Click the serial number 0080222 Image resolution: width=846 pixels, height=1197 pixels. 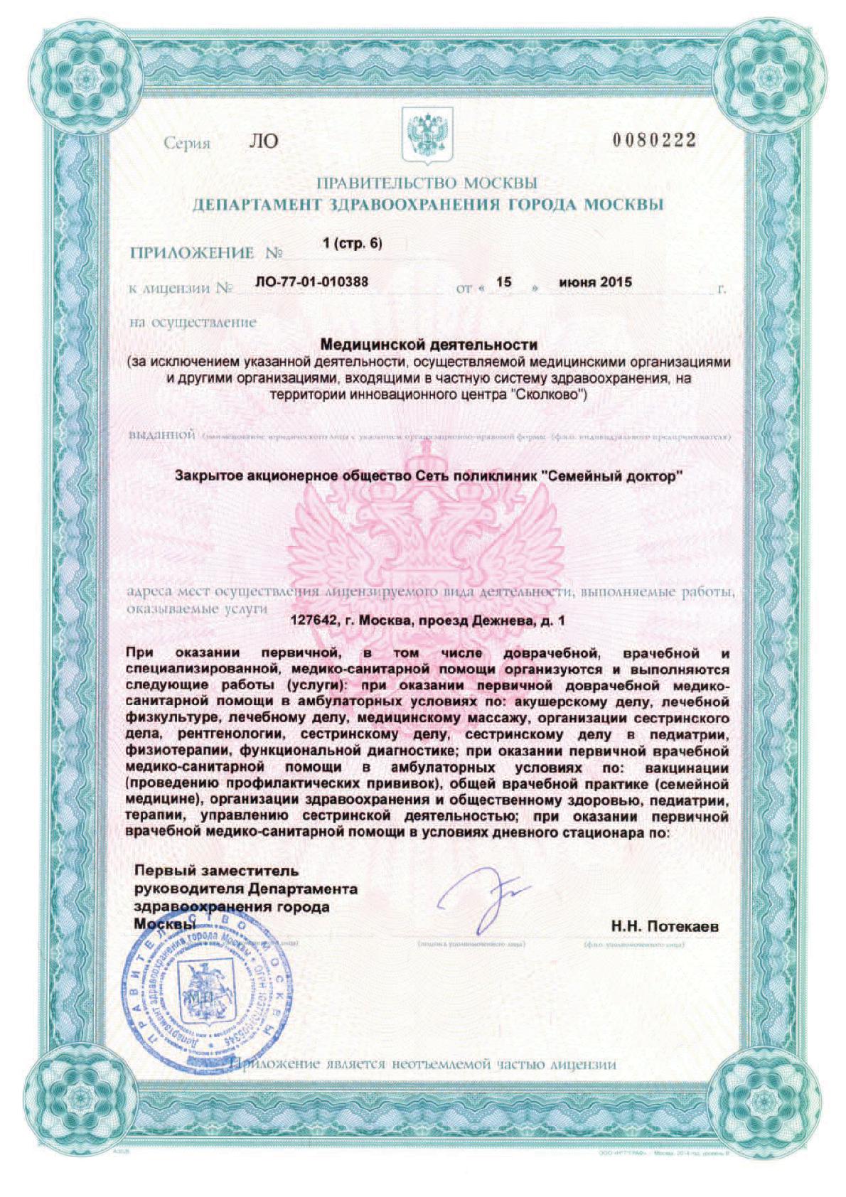(x=653, y=141)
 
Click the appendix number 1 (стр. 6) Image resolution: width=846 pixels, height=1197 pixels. (x=352, y=243)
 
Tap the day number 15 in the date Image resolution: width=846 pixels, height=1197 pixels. (x=503, y=282)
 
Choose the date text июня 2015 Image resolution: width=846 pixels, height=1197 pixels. (x=595, y=282)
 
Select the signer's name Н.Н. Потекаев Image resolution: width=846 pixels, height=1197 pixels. (x=665, y=927)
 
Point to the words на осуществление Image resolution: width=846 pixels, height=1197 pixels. (x=193, y=322)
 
